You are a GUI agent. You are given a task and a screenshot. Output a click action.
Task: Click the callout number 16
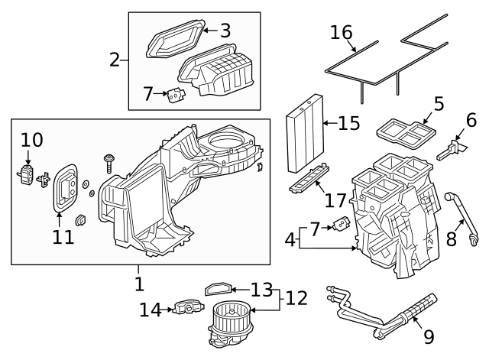coord(342,33)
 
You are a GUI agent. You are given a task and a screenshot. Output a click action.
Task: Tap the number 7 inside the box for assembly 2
coord(148,94)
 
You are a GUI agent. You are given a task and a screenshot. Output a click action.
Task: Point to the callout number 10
coord(32,140)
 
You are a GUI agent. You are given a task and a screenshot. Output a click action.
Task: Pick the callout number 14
coord(151,310)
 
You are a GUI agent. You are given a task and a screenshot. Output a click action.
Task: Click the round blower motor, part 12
coord(227,319)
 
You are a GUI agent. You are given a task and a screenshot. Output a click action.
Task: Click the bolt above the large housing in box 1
coord(111,161)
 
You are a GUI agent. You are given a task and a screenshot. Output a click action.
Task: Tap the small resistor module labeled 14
coord(185,308)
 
